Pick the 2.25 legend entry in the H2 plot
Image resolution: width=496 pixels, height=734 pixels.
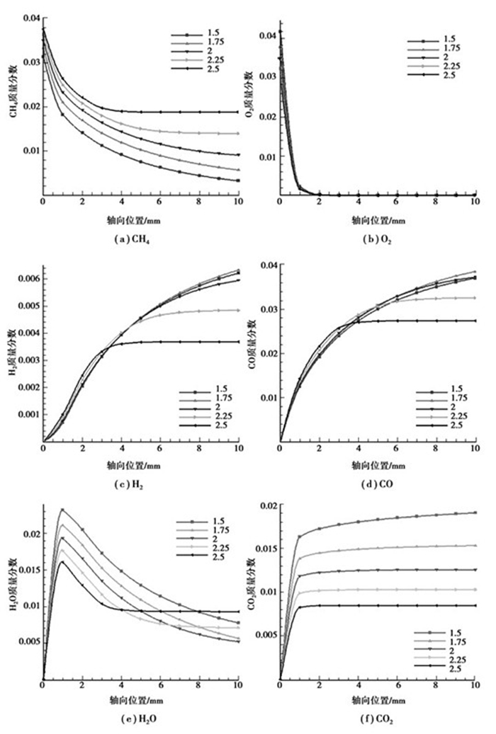[217, 417]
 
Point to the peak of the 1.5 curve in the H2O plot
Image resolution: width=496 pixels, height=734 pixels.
[62, 509]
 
